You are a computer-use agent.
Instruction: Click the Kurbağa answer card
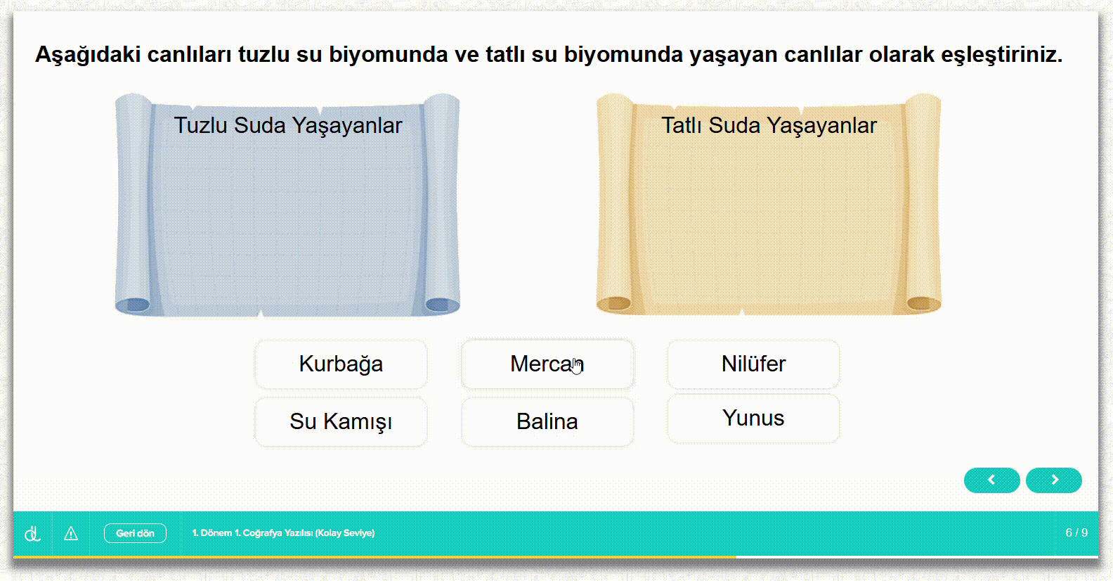pyautogui.click(x=341, y=364)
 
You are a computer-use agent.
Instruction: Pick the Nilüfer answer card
pyautogui.click(x=753, y=364)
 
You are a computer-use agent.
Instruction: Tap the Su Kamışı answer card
pyautogui.click(x=341, y=422)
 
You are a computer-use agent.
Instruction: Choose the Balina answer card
pyautogui.click(x=547, y=422)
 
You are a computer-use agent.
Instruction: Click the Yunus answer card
pyautogui.click(x=753, y=419)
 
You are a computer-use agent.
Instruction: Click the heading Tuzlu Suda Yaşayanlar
pyautogui.click(x=288, y=125)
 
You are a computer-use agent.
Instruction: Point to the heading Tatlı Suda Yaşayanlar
pyautogui.click(x=769, y=125)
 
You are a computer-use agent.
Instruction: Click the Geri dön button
pyautogui.click(x=135, y=533)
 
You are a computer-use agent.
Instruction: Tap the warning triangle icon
pyautogui.click(x=71, y=534)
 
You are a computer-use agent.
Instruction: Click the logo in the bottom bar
pyautogui.click(x=32, y=534)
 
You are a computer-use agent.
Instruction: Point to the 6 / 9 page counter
pyautogui.click(x=1076, y=533)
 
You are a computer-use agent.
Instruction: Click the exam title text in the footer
pyautogui.click(x=283, y=533)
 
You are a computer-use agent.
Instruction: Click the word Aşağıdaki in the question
pyautogui.click(x=88, y=54)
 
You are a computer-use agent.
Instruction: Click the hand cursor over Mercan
pyautogui.click(x=577, y=366)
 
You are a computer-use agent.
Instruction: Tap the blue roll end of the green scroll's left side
pyautogui.click(x=133, y=305)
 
